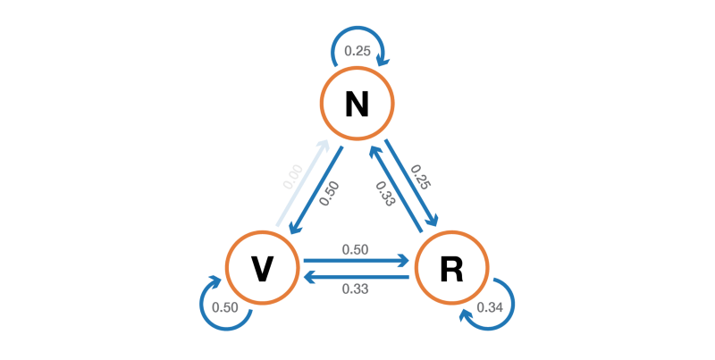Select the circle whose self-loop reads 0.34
[452, 267]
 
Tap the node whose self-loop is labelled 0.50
[261, 267]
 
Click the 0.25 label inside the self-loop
[357, 50]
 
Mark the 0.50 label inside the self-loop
[223, 308]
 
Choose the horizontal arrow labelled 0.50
[356, 262]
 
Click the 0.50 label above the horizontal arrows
[356, 249]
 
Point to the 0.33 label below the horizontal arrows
[356, 289]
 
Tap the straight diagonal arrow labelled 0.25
[411, 184]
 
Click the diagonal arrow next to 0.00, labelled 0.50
[316, 189]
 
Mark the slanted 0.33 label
[385, 194]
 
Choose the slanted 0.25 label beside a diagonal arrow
[421, 177]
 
